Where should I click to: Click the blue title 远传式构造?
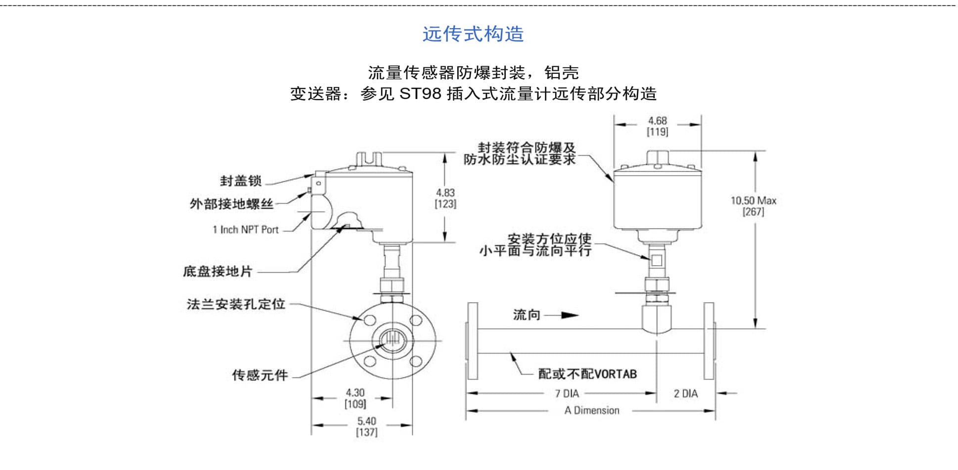[x=473, y=34]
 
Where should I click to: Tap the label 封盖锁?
[x=240, y=181]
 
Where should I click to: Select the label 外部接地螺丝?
[x=231, y=204]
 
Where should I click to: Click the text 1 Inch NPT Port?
[x=245, y=230]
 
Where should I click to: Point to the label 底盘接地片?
[x=218, y=271]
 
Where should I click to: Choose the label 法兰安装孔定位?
[x=236, y=304]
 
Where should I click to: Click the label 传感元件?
[x=260, y=375]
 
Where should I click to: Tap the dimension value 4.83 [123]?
[x=445, y=198]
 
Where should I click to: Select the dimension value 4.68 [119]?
[x=657, y=126]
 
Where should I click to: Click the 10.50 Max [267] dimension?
[x=753, y=206]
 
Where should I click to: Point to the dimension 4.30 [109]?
[x=355, y=398]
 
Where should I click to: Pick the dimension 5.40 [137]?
[x=367, y=426]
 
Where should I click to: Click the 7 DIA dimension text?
[x=567, y=394]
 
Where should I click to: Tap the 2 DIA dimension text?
[x=685, y=394]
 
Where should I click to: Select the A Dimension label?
[x=592, y=411]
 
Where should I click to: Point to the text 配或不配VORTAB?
[x=587, y=374]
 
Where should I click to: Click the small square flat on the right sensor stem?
[x=657, y=260]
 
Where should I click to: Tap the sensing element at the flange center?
[x=392, y=339]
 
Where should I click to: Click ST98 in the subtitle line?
[x=420, y=94]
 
